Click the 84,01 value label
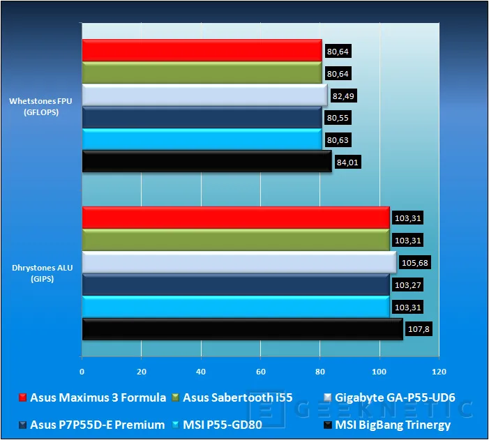pos(347,162)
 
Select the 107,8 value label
pos(419,329)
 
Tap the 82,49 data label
pos(343,96)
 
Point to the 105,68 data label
pos(415,263)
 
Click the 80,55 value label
pos(338,118)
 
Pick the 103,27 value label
pos(408,285)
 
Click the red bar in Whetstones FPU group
pos(202,50)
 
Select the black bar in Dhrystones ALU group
pos(243,329)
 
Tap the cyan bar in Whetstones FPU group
pos(202,139)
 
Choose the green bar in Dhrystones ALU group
pos(236,240)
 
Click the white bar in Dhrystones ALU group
pos(239,262)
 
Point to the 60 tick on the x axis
pos(261,372)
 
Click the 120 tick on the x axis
pos(439,372)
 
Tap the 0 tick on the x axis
pos(82,372)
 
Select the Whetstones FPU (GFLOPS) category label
pos(41,107)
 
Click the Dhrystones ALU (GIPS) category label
pos(42,273)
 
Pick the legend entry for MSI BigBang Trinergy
pos(387,425)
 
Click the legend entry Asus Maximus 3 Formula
pos(92,397)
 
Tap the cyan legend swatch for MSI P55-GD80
pos(176,425)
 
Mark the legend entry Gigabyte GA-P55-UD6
pos(389,397)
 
